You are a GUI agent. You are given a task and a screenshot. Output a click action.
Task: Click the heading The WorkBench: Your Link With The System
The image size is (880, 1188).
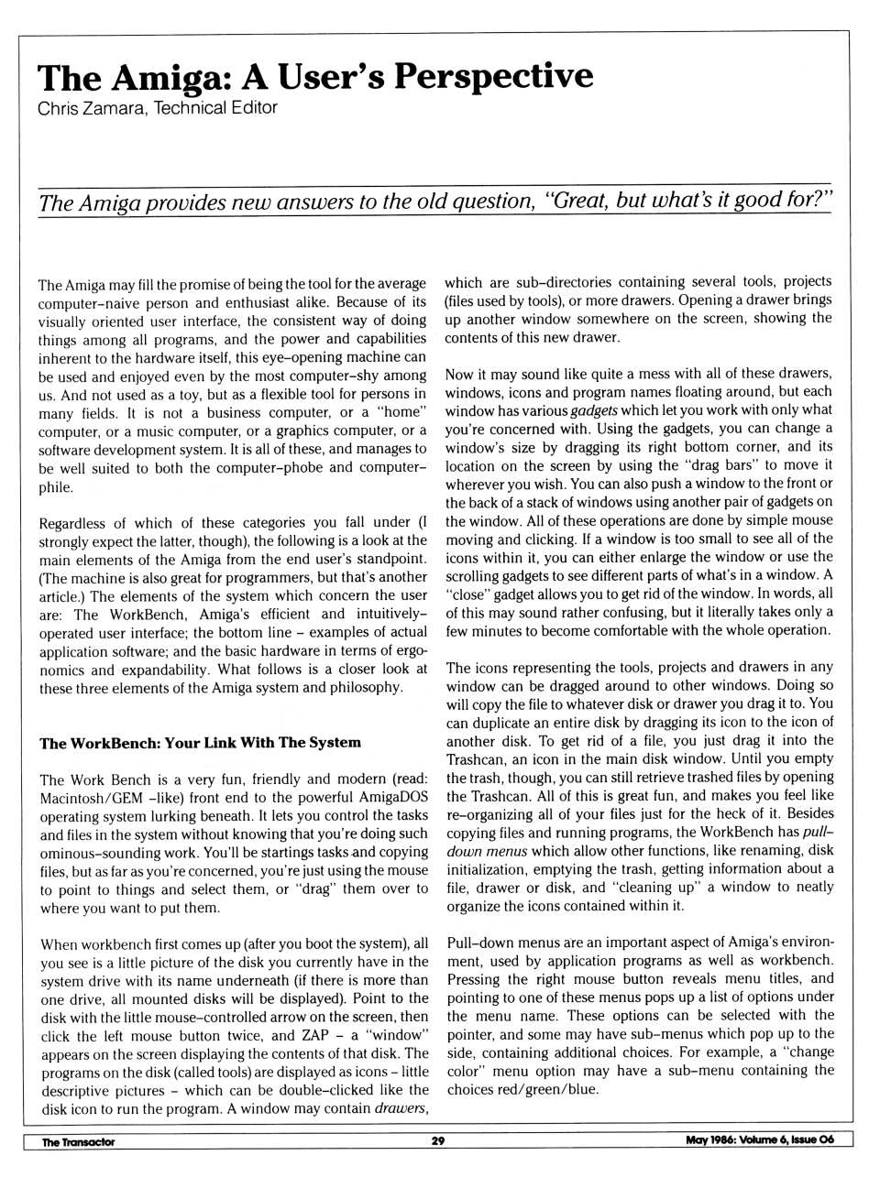click(200, 743)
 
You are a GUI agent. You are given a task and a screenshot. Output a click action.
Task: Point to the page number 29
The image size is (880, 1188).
click(438, 1141)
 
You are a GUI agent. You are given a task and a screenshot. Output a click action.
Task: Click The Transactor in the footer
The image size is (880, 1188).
click(79, 1142)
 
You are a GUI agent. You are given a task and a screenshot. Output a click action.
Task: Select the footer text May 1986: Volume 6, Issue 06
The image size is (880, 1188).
click(759, 1140)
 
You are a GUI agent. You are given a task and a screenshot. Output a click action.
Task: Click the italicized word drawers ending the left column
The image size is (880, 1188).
click(401, 1108)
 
